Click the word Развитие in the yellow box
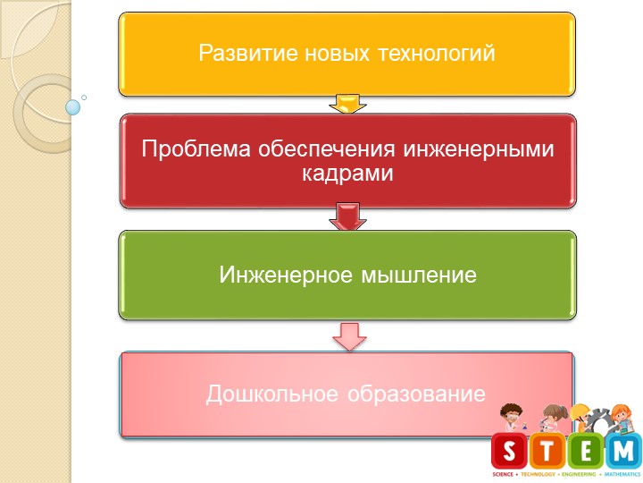pyautogui.click(x=236, y=54)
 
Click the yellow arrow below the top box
pyautogui.click(x=347, y=104)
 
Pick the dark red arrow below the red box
pyautogui.click(x=347, y=217)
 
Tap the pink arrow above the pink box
pyautogui.click(x=347, y=336)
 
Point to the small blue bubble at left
pyautogui.click(x=73, y=107)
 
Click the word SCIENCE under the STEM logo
pyautogui.click(x=503, y=472)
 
